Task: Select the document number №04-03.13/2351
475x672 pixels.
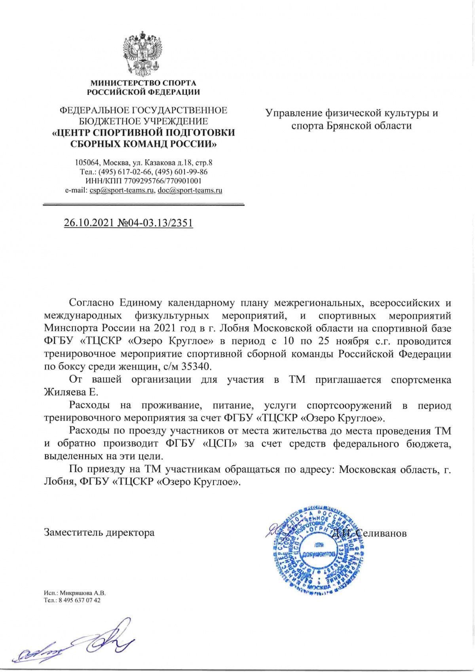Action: click(x=155, y=223)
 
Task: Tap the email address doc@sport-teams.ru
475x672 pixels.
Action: click(x=190, y=190)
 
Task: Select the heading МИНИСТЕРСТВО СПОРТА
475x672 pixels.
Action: click(x=143, y=83)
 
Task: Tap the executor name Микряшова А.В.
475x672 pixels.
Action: click(x=81, y=594)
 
